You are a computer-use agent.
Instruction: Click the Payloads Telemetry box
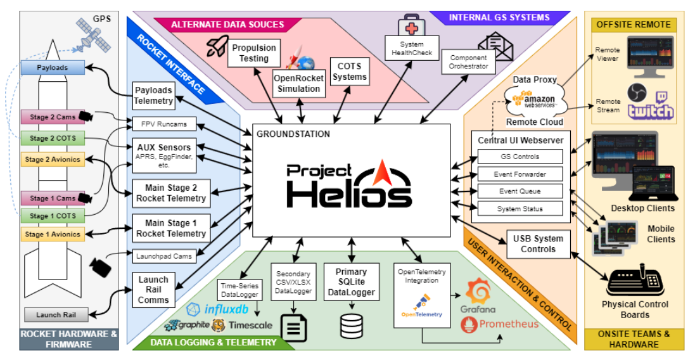(x=153, y=95)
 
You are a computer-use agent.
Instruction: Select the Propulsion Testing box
(x=254, y=53)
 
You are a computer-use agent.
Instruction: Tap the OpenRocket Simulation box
(x=298, y=84)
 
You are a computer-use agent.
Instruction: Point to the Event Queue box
(x=520, y=191)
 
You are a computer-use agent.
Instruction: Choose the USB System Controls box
(x=539, y=244)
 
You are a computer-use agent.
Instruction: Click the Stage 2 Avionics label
(x=52, y=160)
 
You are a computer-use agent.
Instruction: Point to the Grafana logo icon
(x=477, y=293)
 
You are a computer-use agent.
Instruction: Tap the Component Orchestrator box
(x=468, y=62)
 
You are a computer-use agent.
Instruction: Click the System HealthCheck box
(x=412, y=49)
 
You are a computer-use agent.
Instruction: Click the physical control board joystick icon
(x=634, y=281)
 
